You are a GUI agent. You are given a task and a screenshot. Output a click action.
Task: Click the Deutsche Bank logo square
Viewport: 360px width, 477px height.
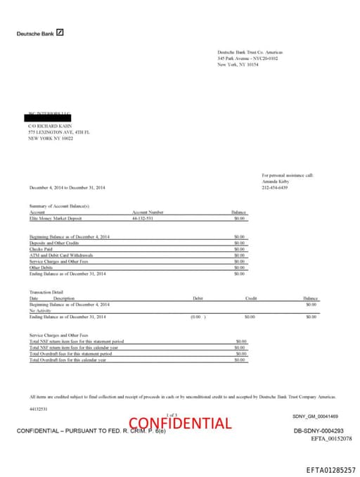60,32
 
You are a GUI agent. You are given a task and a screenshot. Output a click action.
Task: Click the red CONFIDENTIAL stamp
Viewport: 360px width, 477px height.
180,423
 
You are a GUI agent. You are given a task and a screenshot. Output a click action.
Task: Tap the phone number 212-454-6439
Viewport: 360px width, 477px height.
275,187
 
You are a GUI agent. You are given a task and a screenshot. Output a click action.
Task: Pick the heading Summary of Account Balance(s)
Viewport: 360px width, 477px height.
59,205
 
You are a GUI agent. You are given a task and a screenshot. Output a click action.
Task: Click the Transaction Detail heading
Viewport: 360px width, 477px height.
47,292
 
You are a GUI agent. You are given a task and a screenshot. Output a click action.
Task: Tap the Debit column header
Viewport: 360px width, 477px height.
198,298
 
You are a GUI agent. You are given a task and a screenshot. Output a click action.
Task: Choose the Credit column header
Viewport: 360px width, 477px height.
251,298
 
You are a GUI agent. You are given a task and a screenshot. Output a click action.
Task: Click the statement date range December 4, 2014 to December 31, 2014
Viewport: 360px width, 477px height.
67,187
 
